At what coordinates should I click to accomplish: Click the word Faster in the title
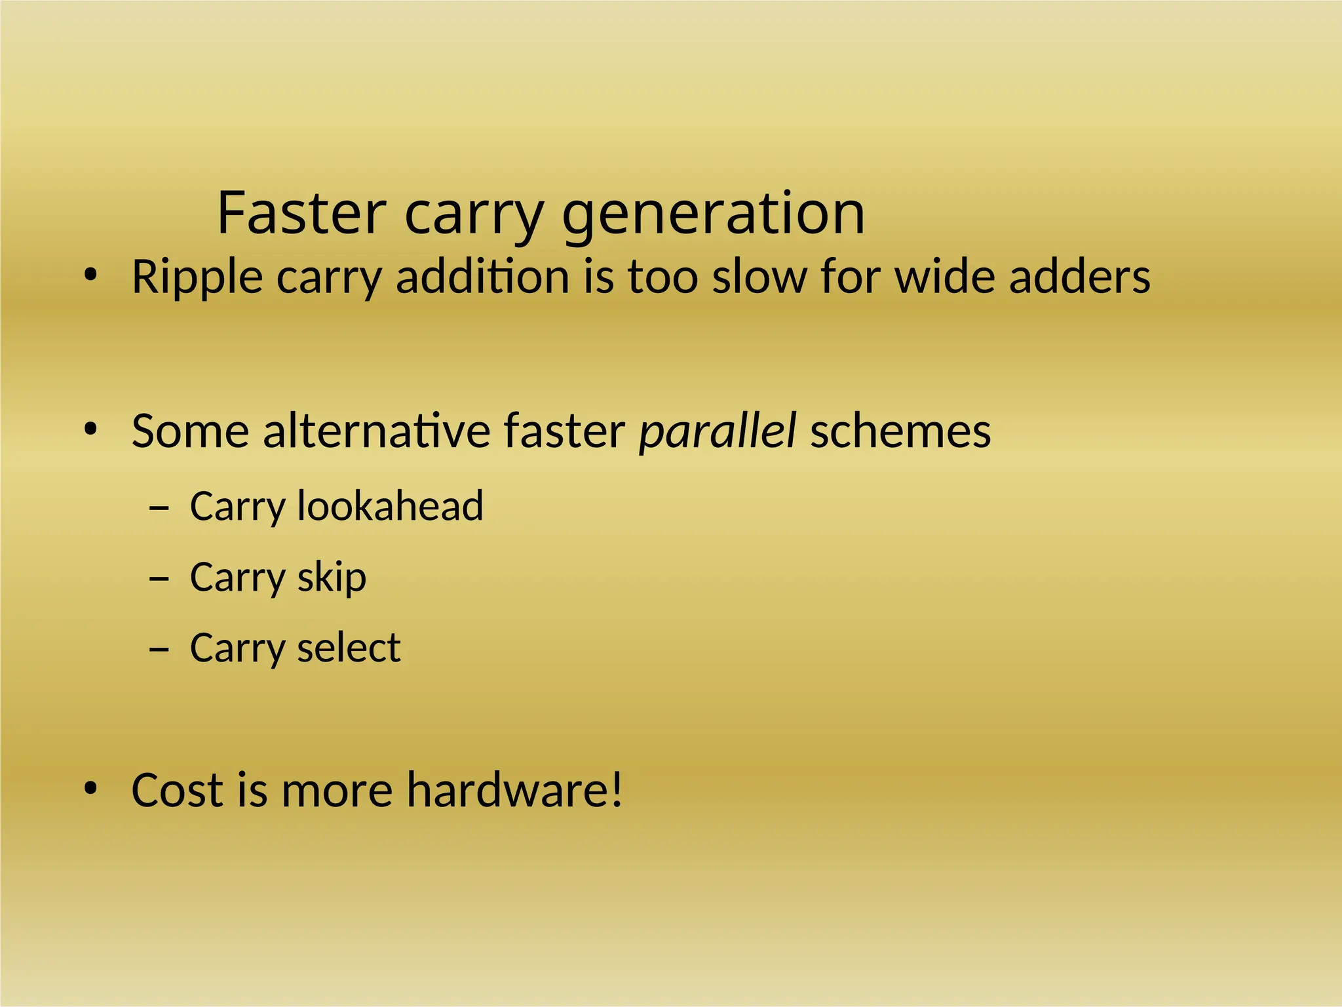[301, 213]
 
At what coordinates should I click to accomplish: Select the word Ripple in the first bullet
[197, 277]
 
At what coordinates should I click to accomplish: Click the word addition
[482, 276]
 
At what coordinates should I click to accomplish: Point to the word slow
[759, 276]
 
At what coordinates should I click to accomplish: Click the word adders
[1079, 276]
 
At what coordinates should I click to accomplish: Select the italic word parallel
[717, 432]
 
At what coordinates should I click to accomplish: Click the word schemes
[900, 431]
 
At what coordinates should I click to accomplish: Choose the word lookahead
[390, 505]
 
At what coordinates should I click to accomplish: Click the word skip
[332, 578]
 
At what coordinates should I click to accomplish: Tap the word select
[349, 648]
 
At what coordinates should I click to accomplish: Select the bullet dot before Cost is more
[90, 789]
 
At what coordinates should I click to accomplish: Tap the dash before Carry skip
[159, 578]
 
